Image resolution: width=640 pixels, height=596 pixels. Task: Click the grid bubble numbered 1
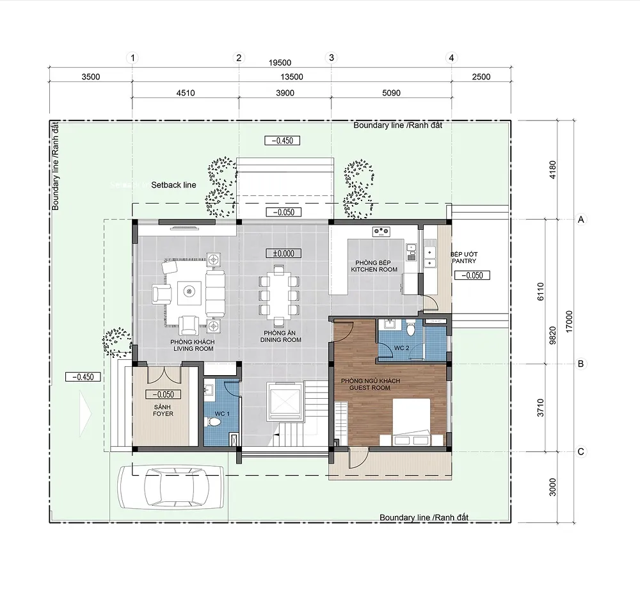point(132,58)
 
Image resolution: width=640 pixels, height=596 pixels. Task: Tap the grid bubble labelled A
point(581,220)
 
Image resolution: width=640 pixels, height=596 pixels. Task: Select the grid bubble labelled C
point(581,451)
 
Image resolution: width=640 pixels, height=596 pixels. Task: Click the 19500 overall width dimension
point(280,63)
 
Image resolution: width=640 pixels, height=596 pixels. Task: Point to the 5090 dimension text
point(391,93)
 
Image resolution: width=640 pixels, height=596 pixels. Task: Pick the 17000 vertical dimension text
point(570,321)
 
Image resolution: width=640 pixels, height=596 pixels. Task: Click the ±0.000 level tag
point(284,254)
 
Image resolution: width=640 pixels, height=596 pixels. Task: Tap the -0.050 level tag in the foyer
point(163,395)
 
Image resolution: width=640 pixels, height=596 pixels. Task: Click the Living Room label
point(193,345)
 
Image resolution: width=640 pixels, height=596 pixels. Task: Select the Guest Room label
point(370,384)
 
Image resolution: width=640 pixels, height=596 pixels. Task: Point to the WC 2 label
point(402,348)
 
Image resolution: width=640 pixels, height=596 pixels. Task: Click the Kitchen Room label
point(374,266)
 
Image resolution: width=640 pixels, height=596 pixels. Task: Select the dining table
point(279,295)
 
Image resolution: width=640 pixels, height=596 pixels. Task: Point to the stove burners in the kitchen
point(381,232)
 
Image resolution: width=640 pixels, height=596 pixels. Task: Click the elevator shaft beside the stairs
point(284,401)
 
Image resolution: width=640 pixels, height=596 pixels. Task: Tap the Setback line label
point(173,185)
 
